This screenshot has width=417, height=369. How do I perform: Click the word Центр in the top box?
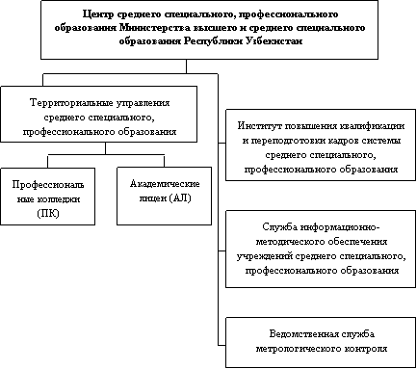coord(98,14)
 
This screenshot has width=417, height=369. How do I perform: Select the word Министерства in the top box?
coord(155,28)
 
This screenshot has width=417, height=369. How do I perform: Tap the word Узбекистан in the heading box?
coord(274,41)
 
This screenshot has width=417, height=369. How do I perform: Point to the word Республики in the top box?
coord(213,42)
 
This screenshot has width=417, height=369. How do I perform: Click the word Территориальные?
coord(71,103)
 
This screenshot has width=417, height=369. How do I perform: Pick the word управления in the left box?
coord(143,103)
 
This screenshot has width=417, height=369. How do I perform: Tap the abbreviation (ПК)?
coord(48,214)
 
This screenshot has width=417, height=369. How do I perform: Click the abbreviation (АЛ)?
coord(180,198)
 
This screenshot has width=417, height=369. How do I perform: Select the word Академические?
coord(165,184)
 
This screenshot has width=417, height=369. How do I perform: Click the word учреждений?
coord(265,256)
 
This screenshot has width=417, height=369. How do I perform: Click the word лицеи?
coord(152,198)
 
